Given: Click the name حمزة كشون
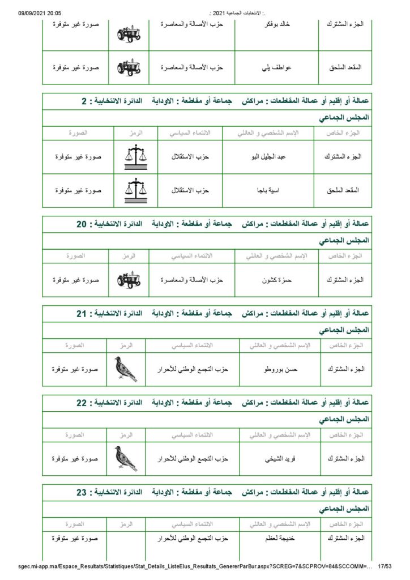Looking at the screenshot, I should pyautogui.click(x=276, y=280).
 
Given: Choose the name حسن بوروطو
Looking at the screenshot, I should pyautogui.click(x=279, y=369).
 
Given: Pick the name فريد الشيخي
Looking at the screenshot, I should pyautogui.click(x=279, y=459).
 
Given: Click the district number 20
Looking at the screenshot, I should pyautogui.click(x=82, y=224).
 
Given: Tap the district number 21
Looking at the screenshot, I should pyautogui.click(x=82, y=313).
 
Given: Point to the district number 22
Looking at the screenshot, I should pyautogui.click(x=82, y=403).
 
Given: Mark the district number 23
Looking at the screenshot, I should pyautogui.click(x=82, y=492).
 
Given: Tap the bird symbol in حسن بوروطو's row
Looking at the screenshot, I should pyautogui.click(x=126, y=369).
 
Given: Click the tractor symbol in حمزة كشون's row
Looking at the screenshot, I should pyautogui.click(x=129, y=280).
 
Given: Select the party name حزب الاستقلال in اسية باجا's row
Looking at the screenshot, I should pyautogui.click(x=190, y=190).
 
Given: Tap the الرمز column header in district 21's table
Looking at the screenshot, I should pyautogui.click(x=126, y=345).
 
